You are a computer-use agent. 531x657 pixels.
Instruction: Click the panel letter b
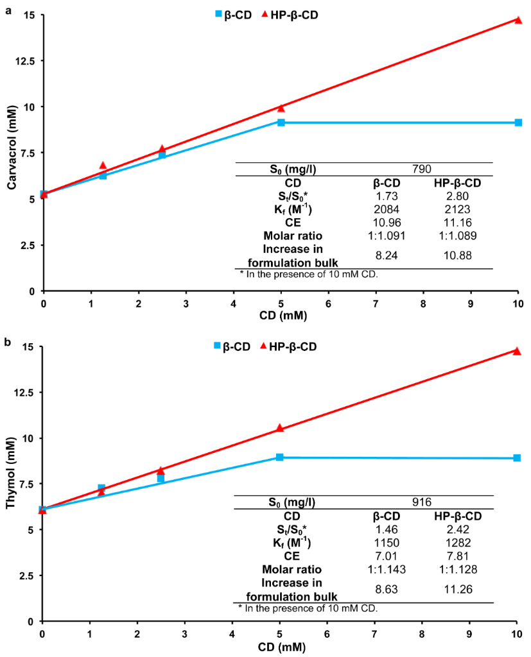point(8,343)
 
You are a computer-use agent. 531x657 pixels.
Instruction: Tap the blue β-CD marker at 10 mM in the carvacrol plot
point(518,123)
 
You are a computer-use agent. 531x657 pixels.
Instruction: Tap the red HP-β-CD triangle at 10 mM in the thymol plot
point(517,351)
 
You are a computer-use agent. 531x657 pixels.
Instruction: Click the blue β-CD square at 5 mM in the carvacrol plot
point(281,123)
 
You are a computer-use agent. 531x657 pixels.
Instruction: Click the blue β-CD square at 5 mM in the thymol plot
point(280,457)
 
